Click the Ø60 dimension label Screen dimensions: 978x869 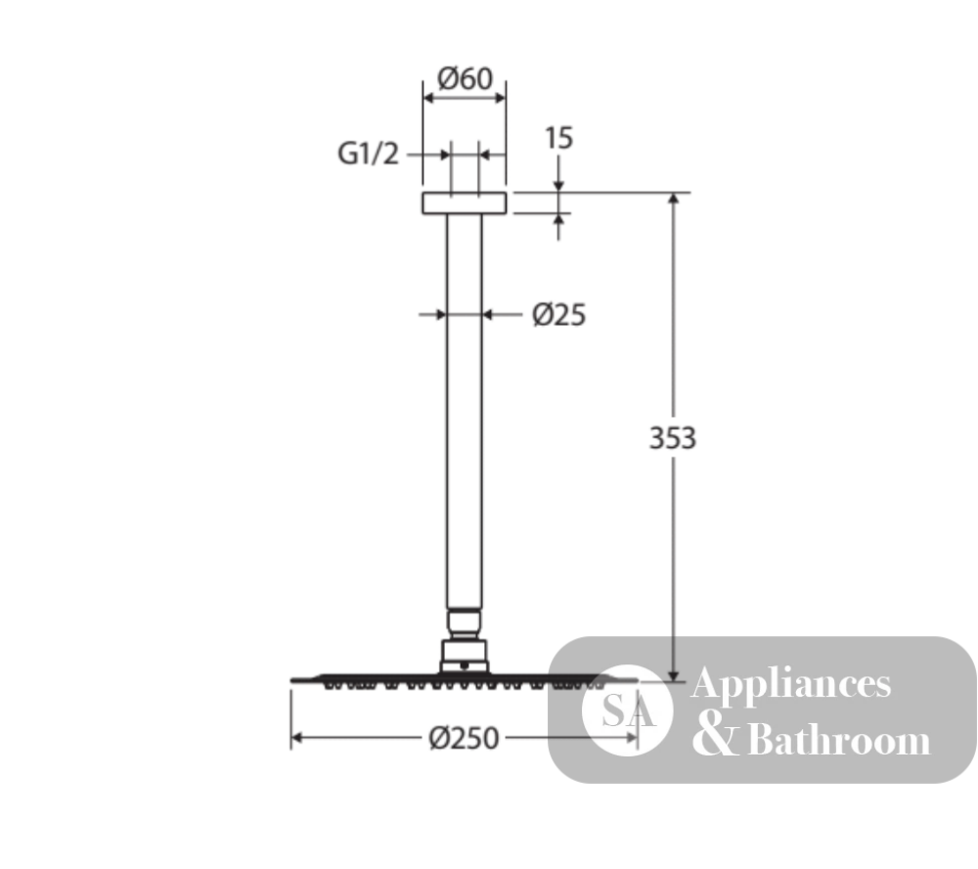[465, 78]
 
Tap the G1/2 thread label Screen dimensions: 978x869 [368, 154]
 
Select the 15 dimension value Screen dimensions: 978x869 [558, 139]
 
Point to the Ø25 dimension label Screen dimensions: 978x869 [558, 315]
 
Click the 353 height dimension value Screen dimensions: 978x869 [673, 438]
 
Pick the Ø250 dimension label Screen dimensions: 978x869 [464, 739]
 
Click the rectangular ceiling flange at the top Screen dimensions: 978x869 [464, 203]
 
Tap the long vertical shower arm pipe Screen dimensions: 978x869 [464, 411]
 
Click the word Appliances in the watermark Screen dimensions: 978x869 [791, 684]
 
